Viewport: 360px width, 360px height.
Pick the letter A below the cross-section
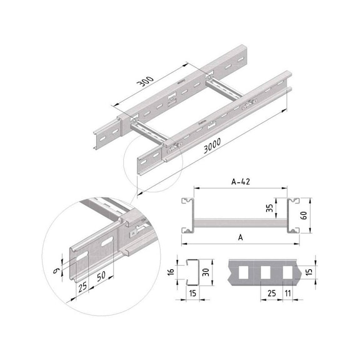(240, 238)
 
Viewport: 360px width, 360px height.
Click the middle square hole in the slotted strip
(266, 272)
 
